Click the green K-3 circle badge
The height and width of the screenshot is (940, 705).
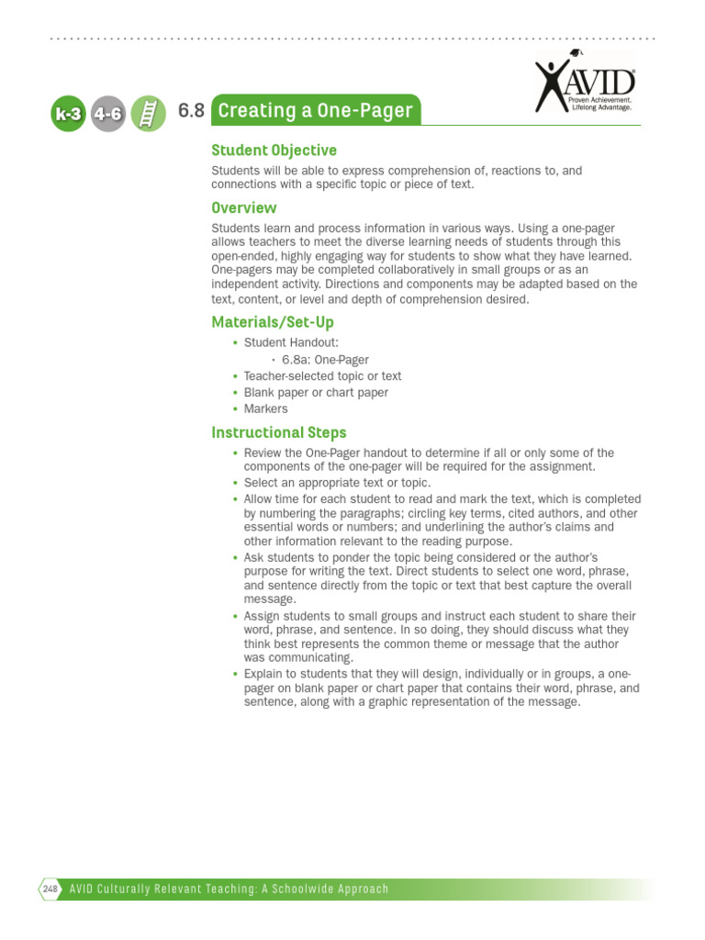(x=67, y=115)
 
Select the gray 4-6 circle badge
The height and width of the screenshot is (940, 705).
(x=107, y=115)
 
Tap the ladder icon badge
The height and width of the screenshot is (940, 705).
(x=147, y=115)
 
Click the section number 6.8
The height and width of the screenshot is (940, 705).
(x=191, y=111)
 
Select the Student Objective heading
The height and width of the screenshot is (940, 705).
(x=274, y=151)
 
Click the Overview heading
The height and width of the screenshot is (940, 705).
(x=243, y=207)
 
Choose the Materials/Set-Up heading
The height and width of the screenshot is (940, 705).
(x=273, y=322)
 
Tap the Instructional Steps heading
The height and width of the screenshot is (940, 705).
(x=279, y=432)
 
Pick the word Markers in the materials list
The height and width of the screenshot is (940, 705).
(x=265, y=409)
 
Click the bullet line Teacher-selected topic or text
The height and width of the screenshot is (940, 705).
(x=322, y=376)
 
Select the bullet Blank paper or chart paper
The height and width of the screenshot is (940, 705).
(x=316, y=393)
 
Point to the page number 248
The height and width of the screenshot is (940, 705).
(x=50, y=889)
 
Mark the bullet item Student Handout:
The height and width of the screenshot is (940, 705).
(x=285, y=343)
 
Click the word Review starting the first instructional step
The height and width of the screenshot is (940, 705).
(x=263, y=453)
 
